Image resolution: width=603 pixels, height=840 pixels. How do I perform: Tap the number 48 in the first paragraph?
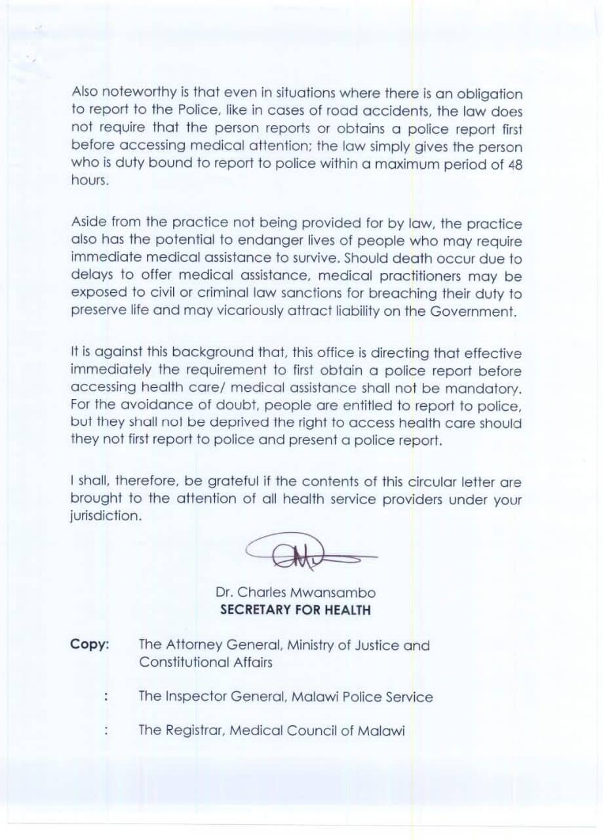pyautogui.click(x=515, y=165)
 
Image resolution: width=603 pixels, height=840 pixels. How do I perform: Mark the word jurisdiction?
pyautogui.click(x=105, y=516)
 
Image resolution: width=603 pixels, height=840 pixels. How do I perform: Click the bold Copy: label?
pyautogui.click(x=89, y=645)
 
